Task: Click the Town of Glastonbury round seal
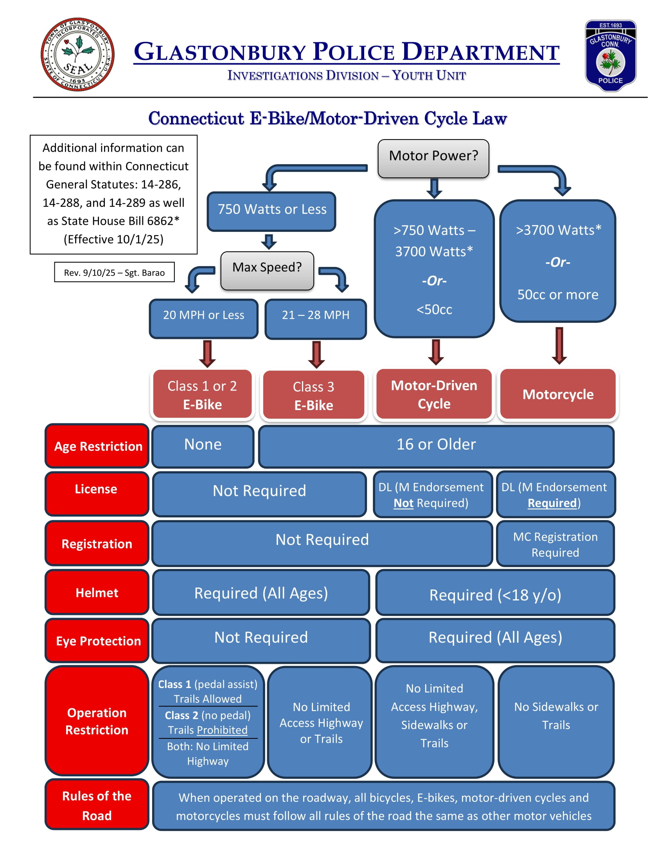[x=77, y=54]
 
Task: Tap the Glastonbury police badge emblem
[x=610, y=55]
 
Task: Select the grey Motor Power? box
[x=433, y=158]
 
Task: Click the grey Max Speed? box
[x=267, y=270]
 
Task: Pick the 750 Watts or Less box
[x=271, y=211]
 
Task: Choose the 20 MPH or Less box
[x=203, y=318]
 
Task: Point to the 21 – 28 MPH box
[x=316, y=318]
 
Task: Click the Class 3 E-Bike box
[x=314, y=395]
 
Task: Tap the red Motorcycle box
[x=557, y=394]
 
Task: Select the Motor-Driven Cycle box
[x=434, y=394]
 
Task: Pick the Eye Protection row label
[x=97, y=640]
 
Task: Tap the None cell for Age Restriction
[x=203, y=446]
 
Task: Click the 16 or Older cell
[x=436, y=446]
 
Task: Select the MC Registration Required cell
[x=555, y=544]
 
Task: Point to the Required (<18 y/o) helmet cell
[x=495, y=594]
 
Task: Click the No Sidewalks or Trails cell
[x=556, y=721]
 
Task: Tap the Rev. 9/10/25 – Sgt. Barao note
[x=114, y=272]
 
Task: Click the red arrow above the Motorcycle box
[x=559, y=345]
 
